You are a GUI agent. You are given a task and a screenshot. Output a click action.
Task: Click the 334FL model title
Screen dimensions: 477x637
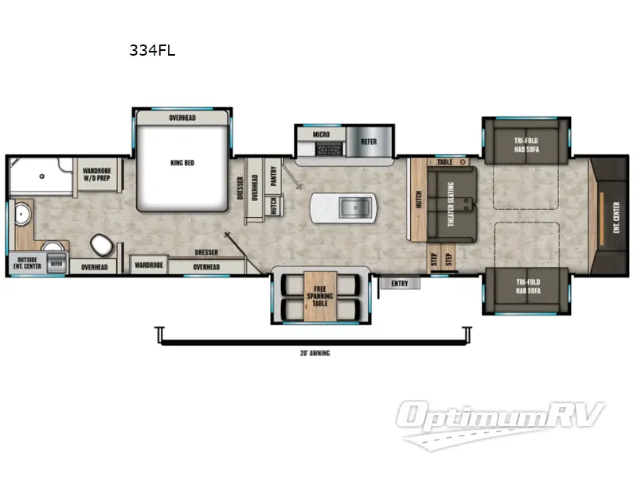pyautogui.click(x=152, y=50)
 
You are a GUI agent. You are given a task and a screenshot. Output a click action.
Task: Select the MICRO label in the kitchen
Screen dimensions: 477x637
pyautogui.click(x=321, y=135)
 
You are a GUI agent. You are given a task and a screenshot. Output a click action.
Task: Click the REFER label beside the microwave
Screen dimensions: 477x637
pyautogui.click(x=369, y=142)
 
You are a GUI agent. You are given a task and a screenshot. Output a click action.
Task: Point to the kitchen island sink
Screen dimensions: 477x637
pyautogui.click(x=351, y=208)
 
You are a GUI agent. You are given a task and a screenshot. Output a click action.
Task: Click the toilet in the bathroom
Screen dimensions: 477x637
pyautogui.click(x=101, y=242)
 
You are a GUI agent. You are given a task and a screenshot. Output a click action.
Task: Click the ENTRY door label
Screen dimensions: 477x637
pyautogui.click(x=399, y=282)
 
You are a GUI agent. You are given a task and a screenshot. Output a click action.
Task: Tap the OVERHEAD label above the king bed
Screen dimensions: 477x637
pyautogui.click(x=182, y=118)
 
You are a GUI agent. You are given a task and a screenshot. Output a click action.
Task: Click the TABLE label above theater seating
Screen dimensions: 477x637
pyautogui.click(x=444, y=161)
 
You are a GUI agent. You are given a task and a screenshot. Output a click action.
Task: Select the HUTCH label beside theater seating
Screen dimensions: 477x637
pyautogui.click(x=418, y=199)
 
